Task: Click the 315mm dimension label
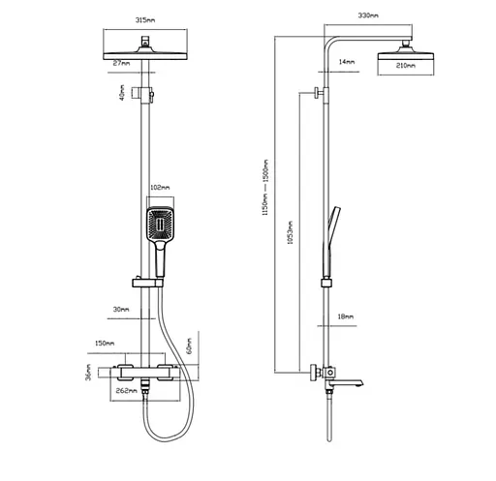[145, 20]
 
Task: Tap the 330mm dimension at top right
[368, 15]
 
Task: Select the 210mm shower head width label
[406, 66]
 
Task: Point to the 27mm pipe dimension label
[121, 63]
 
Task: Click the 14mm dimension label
[347, 62]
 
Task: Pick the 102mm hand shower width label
[160, 188]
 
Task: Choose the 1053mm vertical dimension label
[291, 232]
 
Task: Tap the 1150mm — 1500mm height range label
[265, 188]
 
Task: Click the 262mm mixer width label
[126, 391]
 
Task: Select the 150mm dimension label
[105, 344]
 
